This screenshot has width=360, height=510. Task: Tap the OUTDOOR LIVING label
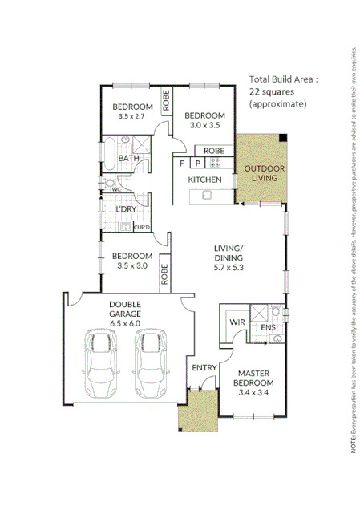[x=261, y=173]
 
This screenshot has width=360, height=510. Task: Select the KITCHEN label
[x=204, y=180]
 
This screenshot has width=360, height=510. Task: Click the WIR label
[x=237, y=322]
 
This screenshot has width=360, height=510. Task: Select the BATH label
[x=128, y=159]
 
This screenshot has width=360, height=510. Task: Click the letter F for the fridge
[x=183, y=164]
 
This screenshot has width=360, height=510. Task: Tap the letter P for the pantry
[x=197, y=164]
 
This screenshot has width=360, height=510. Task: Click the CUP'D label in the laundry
[x=141, y=228]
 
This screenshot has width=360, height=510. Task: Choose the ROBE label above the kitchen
[x=213, y=151]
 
